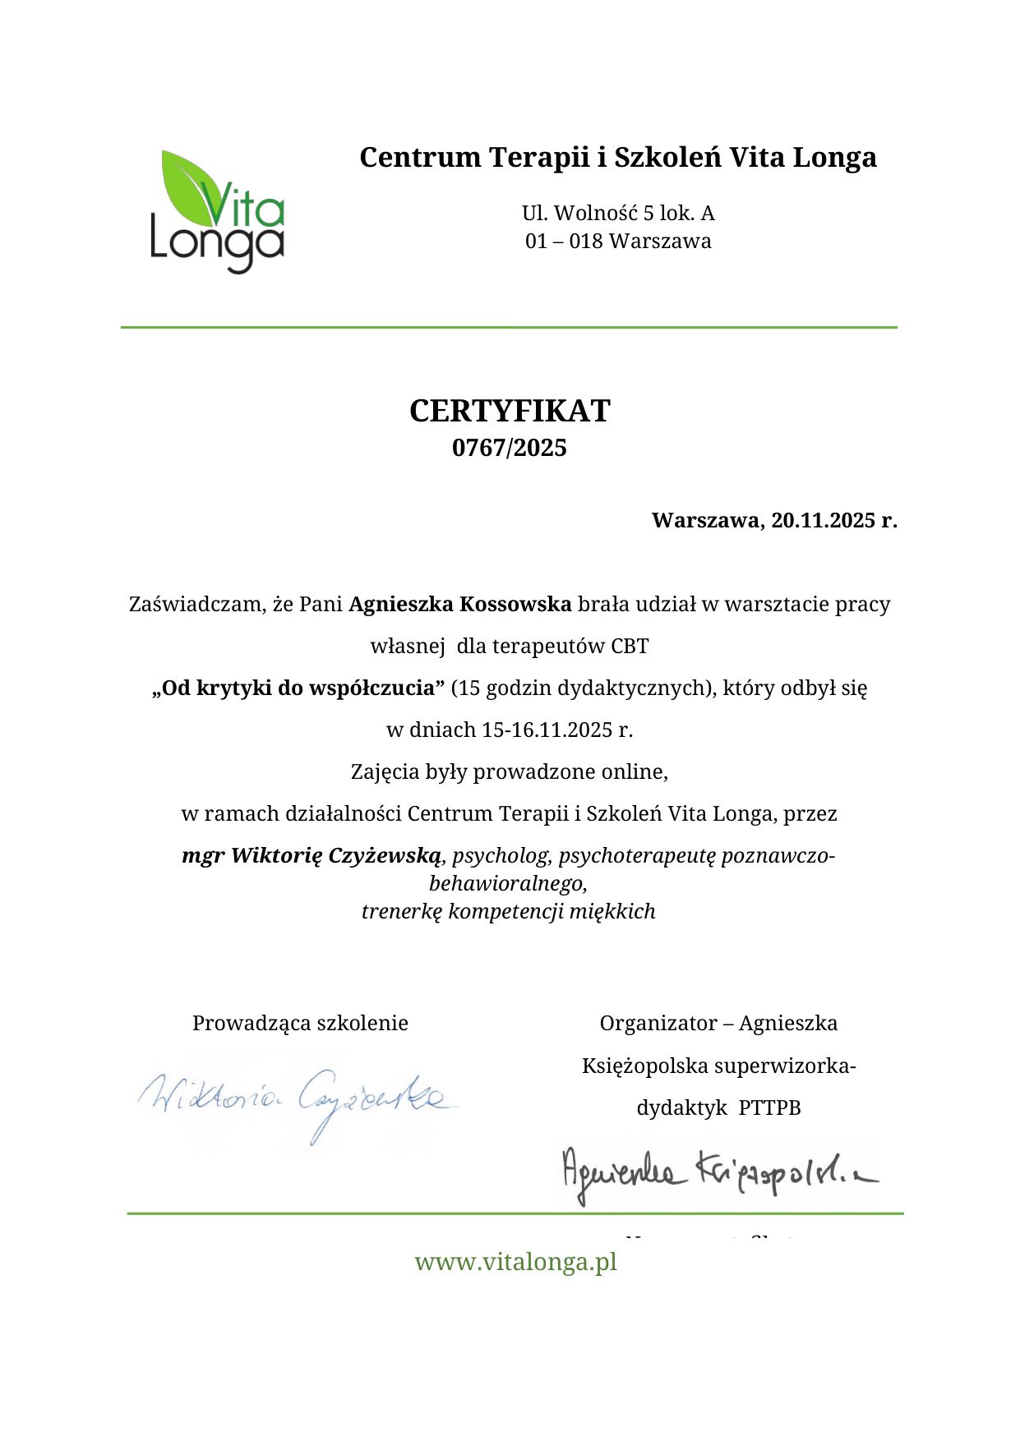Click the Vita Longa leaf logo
tap(217, 210)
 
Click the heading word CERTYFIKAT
tap(510, 411)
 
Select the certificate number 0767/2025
tap(510, 448)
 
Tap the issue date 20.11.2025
tap(822, 520)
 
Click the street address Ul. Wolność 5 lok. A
tap(618, 214)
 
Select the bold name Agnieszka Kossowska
tap(459, 604)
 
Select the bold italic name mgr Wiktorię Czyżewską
tap(312, 855)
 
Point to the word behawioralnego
tap(507, 883)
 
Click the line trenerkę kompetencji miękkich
tap(509, 911)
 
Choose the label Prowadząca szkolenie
tap(300, 1023)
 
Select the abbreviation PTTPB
tap(769, 1107)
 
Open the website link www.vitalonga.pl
tap(515, 1261)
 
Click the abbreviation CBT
tap(630, 646)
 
